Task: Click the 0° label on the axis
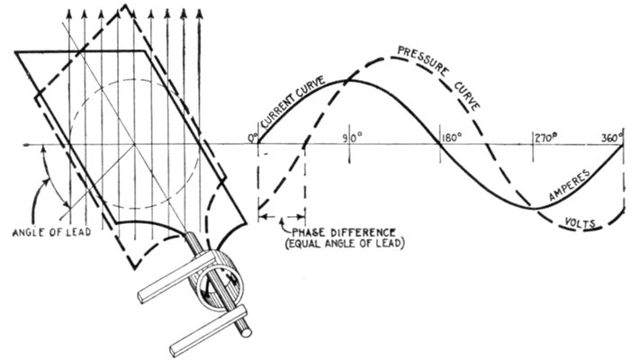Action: pyautogui.click(x=253, y=139)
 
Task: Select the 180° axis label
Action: pyautogui.click(x=452, y=138)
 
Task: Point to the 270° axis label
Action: pyautogui.click(x=545, y=138)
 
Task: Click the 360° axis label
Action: pyautogui.click(x=613, y=138)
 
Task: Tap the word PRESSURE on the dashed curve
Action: pyautogui.click(x=423, y=60)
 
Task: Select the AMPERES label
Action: pyautogui.click(x=570, y=184)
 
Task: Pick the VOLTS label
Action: pyautogui.click(x=580, y=222)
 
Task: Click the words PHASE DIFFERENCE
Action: pyautogui.click(x=344, y=232)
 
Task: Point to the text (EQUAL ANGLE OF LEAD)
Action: pyautogui.click(x=345, y=244)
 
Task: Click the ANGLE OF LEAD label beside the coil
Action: pyautogui.click(x=51, y=232)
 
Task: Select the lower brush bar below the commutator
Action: pyautogui.click(x=208, y=330)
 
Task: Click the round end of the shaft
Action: pyautogui.click(x=247, y=333)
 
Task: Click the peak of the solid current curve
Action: pyautogui.click(x=349, y=81)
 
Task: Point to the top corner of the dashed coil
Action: pyautogui.click(x=126, y=4)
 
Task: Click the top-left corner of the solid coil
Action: pyautogui.click(x=15, y=52)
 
